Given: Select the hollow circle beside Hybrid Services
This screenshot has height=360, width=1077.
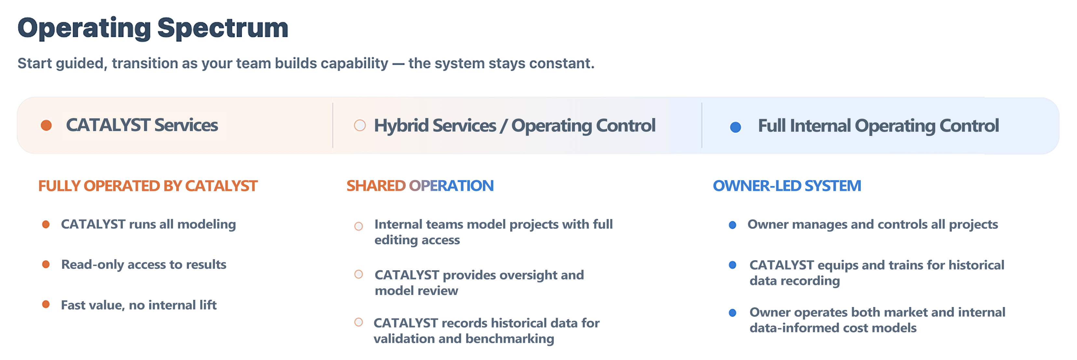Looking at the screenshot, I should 360,126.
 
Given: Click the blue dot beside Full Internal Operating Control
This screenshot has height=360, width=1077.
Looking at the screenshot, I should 736,127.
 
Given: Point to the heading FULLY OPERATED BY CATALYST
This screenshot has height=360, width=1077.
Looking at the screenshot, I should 148,186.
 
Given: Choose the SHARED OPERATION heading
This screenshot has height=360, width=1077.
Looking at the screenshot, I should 420,186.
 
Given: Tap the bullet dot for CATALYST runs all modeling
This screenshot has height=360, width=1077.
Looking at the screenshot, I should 46,224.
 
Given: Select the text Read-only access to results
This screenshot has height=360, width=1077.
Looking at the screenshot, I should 143,265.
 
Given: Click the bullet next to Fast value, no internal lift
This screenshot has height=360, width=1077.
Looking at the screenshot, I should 46,304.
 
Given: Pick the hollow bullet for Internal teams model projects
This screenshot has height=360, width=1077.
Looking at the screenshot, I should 358,226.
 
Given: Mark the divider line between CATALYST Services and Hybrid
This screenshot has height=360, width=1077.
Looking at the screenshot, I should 333,126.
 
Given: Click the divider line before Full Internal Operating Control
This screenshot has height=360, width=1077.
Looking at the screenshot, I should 701,126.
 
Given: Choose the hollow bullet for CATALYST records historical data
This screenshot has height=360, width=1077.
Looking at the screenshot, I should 358,322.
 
